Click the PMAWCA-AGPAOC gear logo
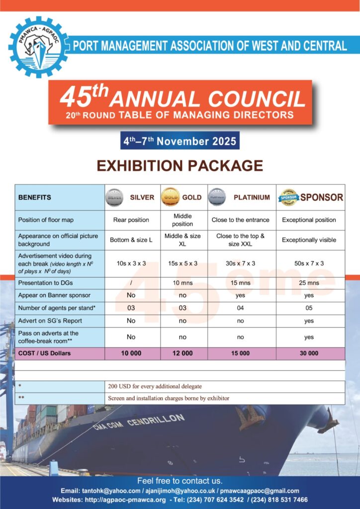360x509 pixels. click(38, 47)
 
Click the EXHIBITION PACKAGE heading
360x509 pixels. click(180, 166)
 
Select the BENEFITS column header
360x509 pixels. click(35, 197)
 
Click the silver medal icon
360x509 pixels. click(114, 197)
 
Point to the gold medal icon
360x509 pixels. click(170, 197)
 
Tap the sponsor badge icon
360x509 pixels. click(288, 197)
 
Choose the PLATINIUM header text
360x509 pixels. click(252, 197)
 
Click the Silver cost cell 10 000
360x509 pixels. click(131, 353)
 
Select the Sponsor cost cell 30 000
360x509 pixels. click(309, 353)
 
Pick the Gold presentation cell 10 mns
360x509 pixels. click(182, 283)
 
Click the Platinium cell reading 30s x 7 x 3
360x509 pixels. click(240, 263)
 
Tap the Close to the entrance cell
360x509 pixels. click(240, 220)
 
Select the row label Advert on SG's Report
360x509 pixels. click(50, 321)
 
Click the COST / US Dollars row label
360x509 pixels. click(45, 353)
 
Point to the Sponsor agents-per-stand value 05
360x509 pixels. click(309, 308)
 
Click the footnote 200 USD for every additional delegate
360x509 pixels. click(155, 386)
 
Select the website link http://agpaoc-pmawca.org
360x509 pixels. click(123, 500)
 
